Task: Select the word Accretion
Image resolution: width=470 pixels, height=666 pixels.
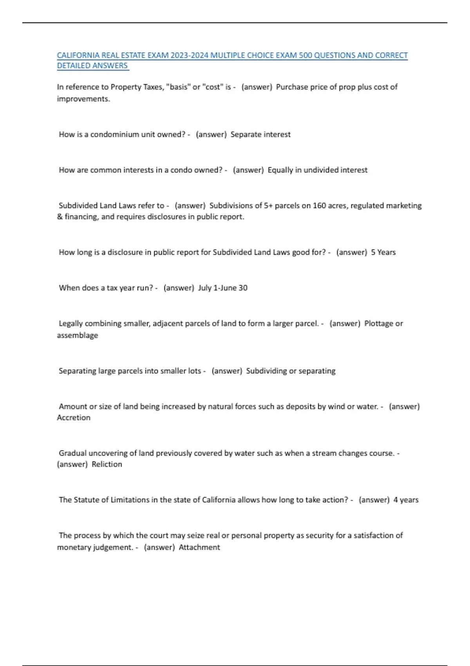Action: tap(74, 418)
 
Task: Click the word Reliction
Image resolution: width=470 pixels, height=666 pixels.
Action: tap(107, 464)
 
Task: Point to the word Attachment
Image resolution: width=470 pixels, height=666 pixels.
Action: tap(199, 547)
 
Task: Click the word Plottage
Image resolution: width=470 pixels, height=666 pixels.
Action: tap(379, 324)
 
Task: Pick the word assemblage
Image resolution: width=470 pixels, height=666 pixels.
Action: tap(78, 335)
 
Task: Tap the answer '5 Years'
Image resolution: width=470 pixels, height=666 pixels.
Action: tap(383, 252)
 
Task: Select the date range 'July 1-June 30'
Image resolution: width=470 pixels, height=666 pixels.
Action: tap(223, 288)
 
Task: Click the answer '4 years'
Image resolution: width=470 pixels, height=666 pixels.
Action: tap(406, 500)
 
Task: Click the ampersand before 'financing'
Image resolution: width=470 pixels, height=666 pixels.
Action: tap(60, 217)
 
